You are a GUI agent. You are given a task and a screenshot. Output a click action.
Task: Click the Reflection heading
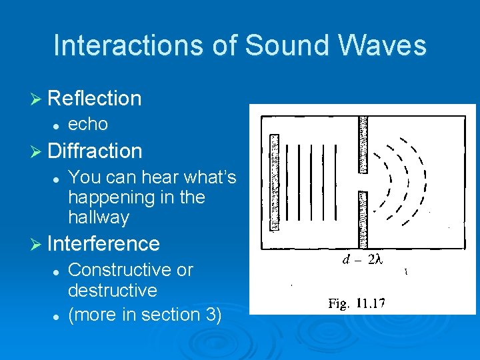coord(95,99)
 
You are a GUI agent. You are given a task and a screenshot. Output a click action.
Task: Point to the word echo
coord(88,124)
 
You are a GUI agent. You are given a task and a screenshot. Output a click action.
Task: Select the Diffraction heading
coord(95,151)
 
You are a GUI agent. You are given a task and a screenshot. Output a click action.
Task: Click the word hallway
coord(99,217)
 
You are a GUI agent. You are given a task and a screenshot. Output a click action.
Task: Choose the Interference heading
coord(104,243)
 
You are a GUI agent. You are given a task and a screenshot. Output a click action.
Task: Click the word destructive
coord(113,291)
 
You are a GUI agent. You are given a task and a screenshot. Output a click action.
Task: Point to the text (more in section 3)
coord(145,314)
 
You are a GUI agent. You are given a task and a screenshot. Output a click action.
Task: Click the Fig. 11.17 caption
coord(356,304)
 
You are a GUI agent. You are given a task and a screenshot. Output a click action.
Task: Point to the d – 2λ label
coord(362,260)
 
